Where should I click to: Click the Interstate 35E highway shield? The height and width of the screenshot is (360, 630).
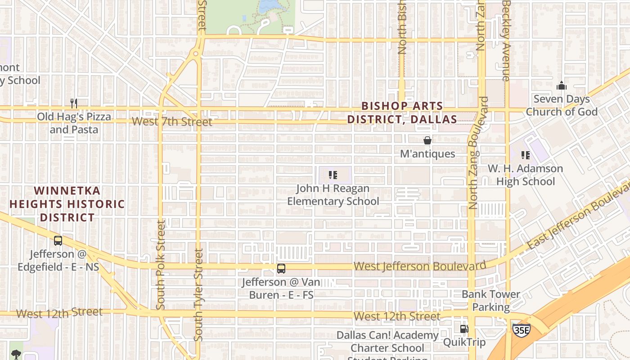point(521,329)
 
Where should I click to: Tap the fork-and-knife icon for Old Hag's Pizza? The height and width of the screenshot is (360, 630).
point(74,103)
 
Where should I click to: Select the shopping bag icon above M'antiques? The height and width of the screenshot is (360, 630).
point(427,140)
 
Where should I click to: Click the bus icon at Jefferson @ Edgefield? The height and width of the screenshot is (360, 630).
point(58,241)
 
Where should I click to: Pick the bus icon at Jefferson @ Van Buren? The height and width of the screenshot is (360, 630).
point(281,269)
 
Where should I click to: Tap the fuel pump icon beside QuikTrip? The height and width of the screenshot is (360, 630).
point(464,329)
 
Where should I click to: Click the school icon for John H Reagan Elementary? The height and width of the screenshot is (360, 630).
point(333,175)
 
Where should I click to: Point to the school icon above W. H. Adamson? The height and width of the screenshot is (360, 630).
point(525,155)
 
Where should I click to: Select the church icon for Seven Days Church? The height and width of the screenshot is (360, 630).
point(561,85)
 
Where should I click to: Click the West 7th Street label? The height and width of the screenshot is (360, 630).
point(172,121)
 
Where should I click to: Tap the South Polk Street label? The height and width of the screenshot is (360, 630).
point(161,265)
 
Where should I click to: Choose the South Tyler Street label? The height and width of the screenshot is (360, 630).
point(198,295)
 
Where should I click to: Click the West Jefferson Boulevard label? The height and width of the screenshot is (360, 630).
point(420,266)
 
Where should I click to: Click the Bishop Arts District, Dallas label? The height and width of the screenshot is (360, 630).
point(402,113)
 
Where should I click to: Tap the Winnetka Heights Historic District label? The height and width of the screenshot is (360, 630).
point(67,204)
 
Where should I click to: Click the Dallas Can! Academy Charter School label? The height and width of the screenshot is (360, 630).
point(387,342)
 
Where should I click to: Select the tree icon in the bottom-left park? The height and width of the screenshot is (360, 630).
point(16,354)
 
